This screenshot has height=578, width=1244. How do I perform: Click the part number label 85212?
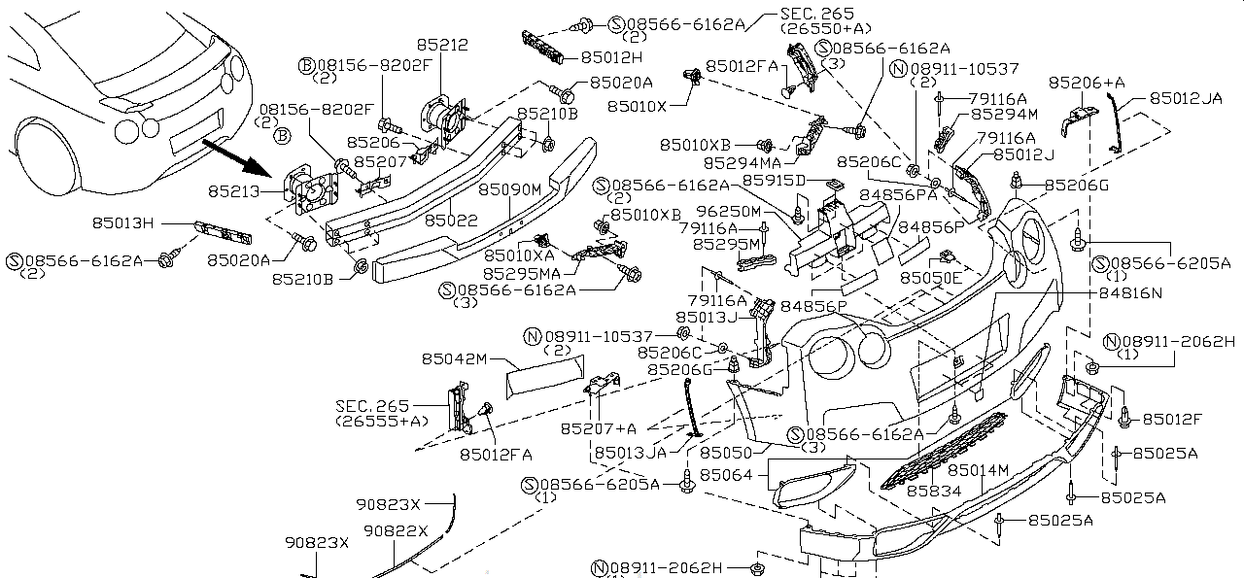(442, 45)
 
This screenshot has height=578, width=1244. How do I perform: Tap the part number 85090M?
(509, 188)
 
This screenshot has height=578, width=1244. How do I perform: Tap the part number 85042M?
(453, 358)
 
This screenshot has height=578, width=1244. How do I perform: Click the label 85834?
(934, 492)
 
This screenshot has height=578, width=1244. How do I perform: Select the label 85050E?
(930, 278)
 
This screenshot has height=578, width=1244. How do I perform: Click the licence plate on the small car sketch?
(196, 133)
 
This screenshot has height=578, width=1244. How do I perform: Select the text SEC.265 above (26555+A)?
(372, 406)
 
